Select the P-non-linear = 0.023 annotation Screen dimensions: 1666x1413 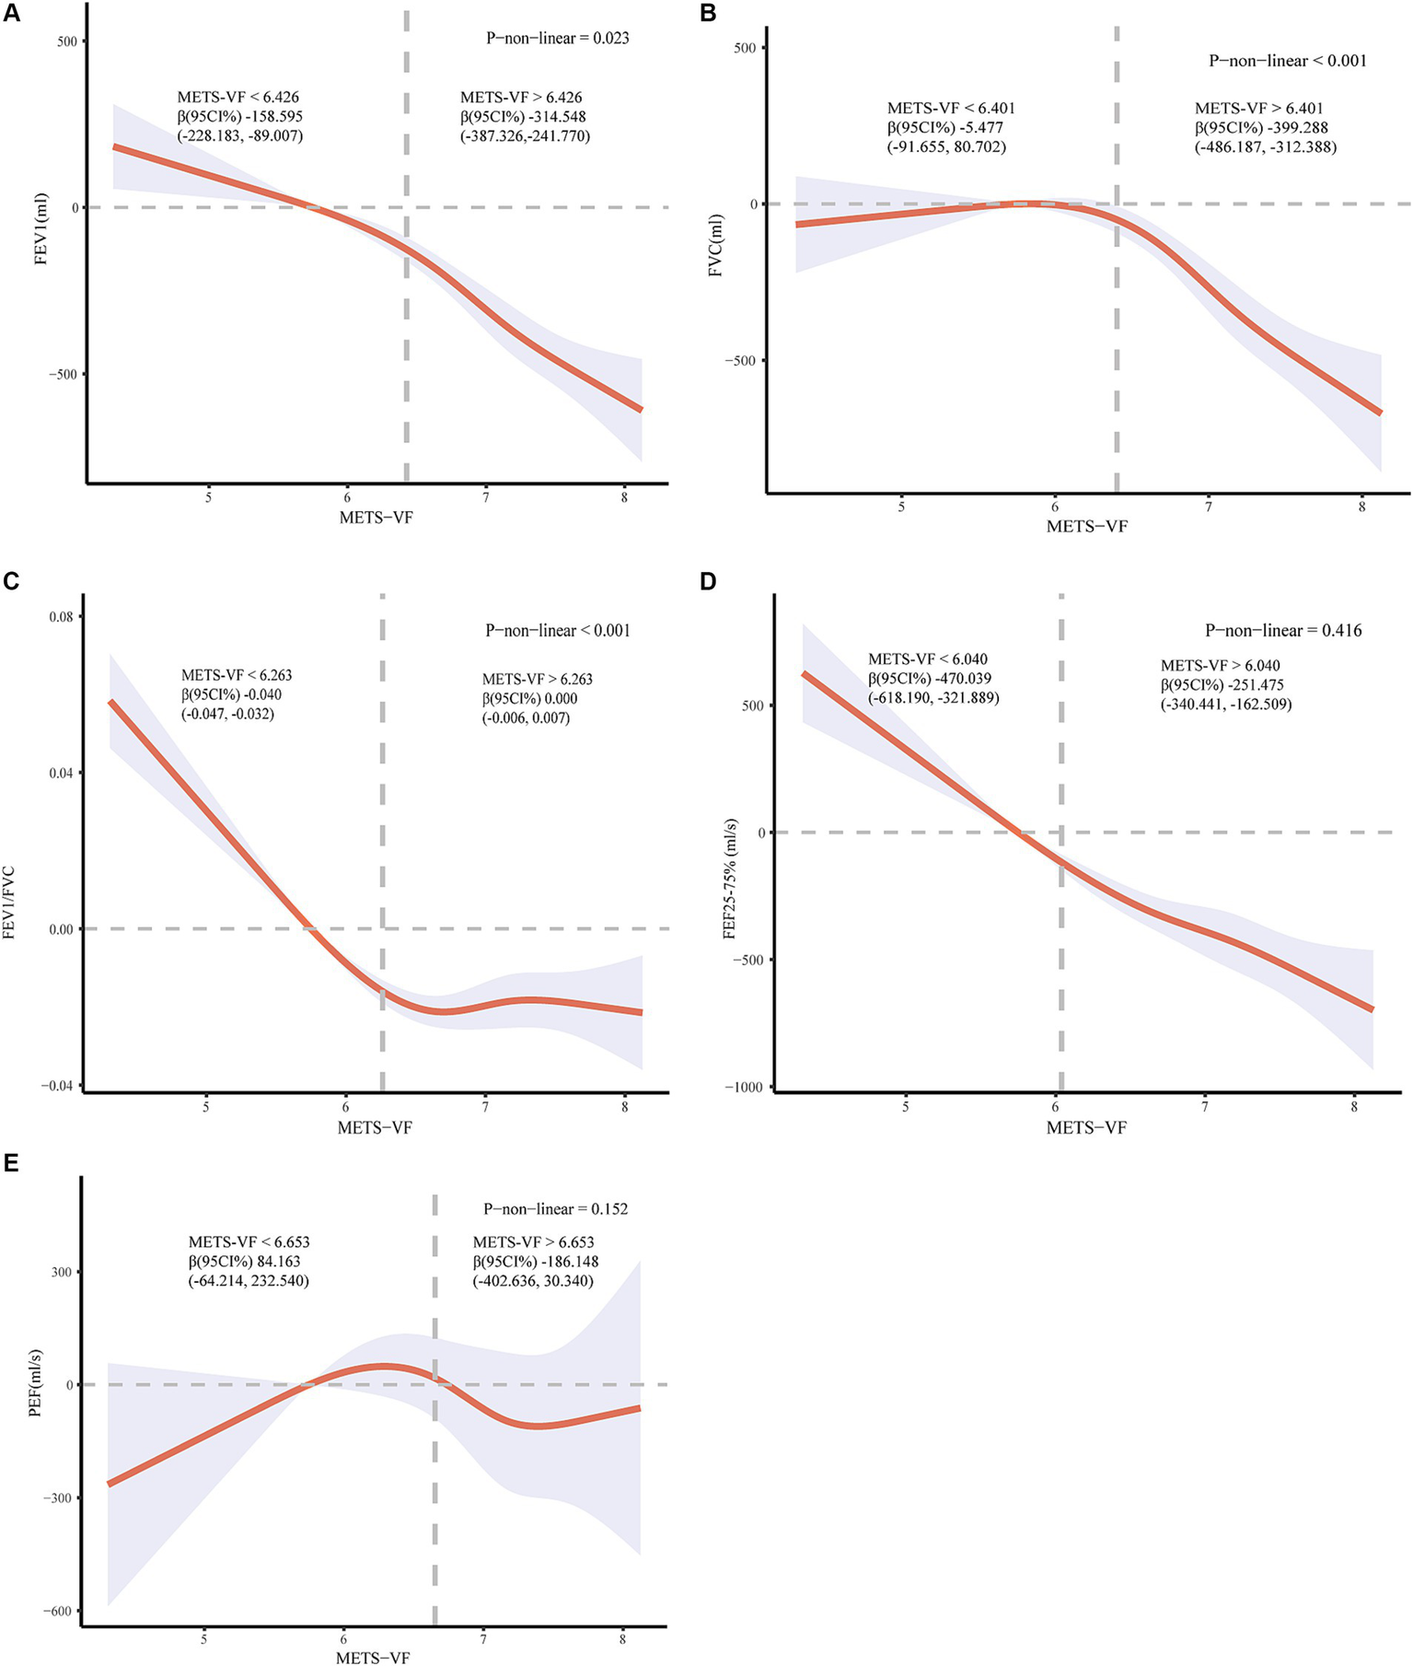pyautogui.click(x=557, y=39)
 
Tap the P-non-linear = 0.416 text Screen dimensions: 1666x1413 pyautogui.click(x=1283, y=631)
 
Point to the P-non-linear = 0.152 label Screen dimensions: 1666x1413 pyautogui.click(x=555, y=1208)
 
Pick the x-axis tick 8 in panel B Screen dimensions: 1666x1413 pyautogui.click(x=1362, y=507)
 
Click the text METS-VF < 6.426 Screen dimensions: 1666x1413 pyautogui.click(x=237, y=97)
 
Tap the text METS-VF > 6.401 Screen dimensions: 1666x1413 pyautogui.click(x=1258, y=109)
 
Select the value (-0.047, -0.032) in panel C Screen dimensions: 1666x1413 pyautogui.click(x=227, y=714)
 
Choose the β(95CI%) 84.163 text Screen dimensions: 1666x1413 pyautogui.click(x=244, y=1261)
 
